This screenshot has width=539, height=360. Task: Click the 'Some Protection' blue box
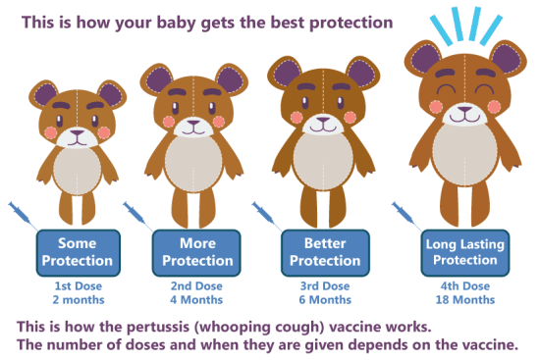pyautogui.click(x=78, y=252)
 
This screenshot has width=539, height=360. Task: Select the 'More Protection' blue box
pyautogui.click(x=197, y=252)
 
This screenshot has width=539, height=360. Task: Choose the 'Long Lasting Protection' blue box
pyautogui.click(x=460, y=252)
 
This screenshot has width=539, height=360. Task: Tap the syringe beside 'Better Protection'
pyautogui.click(x=267, y=215)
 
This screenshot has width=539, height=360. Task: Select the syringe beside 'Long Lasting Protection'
pyautogui.click(x=405, y=215)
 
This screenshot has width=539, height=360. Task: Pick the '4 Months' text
pyautogui.click(x=197, y=299)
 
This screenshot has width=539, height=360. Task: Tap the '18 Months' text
pyautogui.click(x=460, y=299)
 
